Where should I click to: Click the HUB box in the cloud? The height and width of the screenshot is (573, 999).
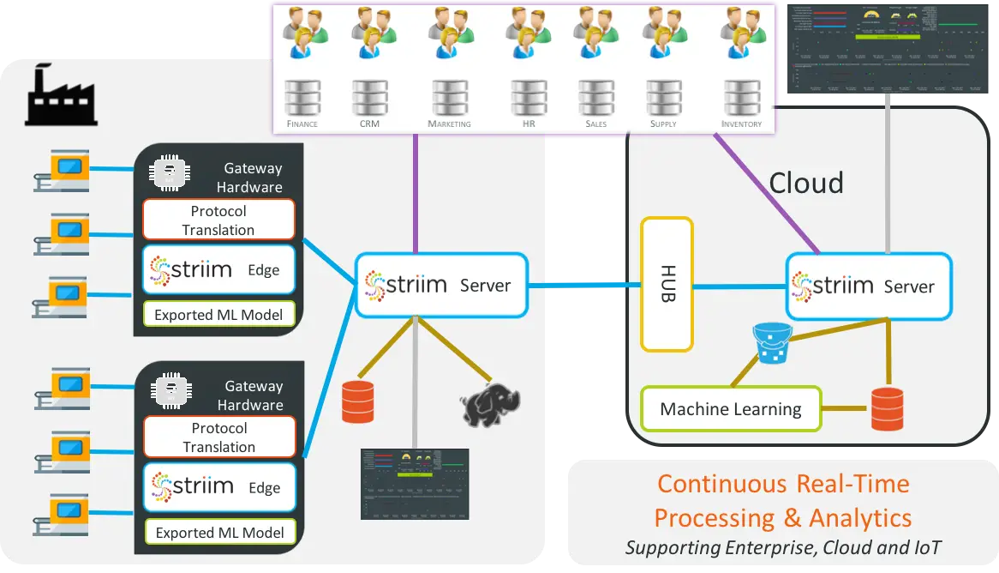point(667,284)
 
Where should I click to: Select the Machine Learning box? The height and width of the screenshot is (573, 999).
point(731,409)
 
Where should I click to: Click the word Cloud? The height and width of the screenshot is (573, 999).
point(806,183)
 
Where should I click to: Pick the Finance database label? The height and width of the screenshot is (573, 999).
point(302,124)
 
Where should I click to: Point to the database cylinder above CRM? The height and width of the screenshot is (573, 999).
point(370,98)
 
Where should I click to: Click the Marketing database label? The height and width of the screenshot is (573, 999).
point(449,124)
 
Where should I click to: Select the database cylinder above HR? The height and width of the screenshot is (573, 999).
point(529,98)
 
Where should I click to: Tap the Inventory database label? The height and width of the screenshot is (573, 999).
point(741,124)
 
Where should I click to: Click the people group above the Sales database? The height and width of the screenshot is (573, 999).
point(596,33)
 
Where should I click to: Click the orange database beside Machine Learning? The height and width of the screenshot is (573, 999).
point(887,408)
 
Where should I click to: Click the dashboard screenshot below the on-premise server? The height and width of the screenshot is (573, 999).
point(415,484)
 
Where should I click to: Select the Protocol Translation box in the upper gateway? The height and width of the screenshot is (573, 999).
point(218,220)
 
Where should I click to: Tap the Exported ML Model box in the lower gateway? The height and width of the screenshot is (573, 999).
point(219,532)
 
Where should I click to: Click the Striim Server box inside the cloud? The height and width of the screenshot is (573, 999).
point(869,286)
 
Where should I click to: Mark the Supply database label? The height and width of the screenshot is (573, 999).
point(663,124)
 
